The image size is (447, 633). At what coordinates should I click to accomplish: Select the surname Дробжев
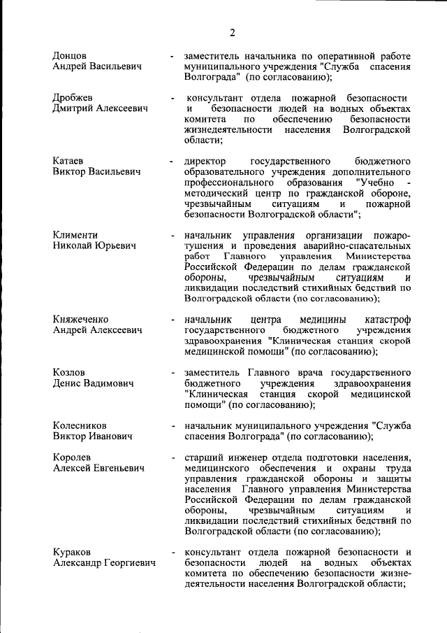tap(73, 97)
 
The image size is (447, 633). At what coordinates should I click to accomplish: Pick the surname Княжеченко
tap(81, 320)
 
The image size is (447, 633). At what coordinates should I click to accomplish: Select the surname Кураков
tap(72, 553)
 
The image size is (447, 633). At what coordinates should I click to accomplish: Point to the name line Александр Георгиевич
tap(104, 564)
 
